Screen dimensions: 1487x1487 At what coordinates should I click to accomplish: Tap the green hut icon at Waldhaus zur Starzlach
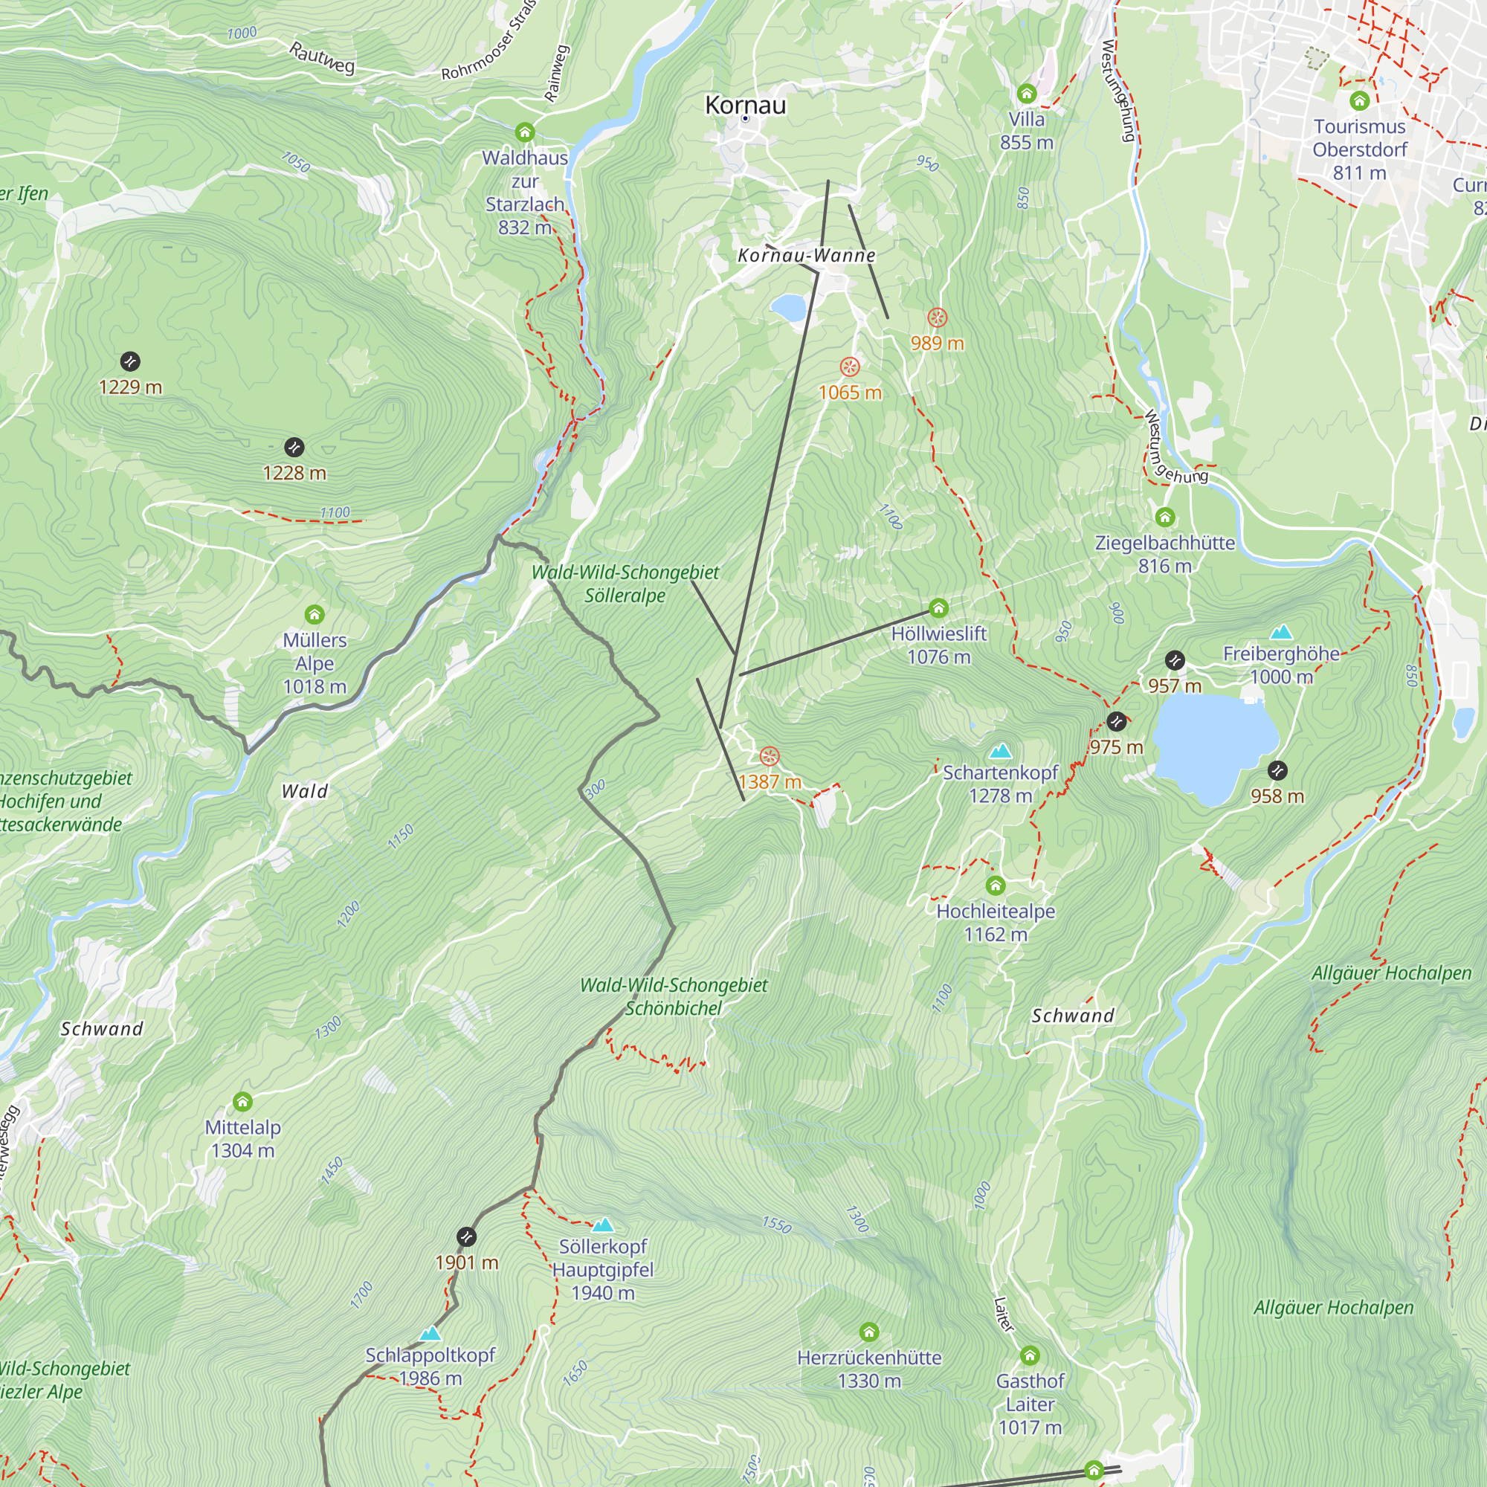click(525, 132)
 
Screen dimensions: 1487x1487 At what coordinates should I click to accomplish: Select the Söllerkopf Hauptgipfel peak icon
click(603, 1225)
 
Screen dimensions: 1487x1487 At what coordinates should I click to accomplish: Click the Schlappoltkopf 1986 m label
click(430, 1366)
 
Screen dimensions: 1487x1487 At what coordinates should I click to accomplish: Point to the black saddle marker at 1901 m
click(466, 1237)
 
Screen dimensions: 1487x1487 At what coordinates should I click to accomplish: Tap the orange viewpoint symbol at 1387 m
click(769, 757)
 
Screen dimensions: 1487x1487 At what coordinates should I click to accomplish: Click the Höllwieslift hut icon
click(938, 609)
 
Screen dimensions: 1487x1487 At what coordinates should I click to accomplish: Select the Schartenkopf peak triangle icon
click(1000, 750)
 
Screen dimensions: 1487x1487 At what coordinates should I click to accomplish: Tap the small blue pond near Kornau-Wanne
click(787, 308)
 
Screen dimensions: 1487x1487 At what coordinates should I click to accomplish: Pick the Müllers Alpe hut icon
click(314, 614)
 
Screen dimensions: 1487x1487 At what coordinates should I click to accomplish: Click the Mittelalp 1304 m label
click(242, 1138)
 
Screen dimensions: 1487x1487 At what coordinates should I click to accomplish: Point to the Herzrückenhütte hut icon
click(869, 1332)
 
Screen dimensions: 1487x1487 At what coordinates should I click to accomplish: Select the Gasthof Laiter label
click(1030, 1404)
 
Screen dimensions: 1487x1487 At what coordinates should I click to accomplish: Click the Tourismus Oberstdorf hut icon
click(1358, 100)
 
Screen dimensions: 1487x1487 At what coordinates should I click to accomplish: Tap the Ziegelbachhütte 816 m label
click(1164, 554)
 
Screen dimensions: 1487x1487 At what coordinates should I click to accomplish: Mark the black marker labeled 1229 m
click(130, 361)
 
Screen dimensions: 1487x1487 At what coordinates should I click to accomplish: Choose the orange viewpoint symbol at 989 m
click(937, 317)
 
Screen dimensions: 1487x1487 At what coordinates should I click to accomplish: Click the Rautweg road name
click(322, 58)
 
